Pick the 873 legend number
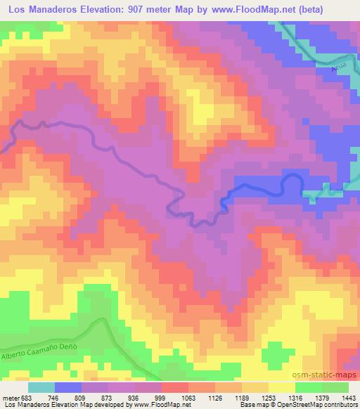(x=108, y=398)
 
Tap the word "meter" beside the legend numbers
(x=8, y=398)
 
